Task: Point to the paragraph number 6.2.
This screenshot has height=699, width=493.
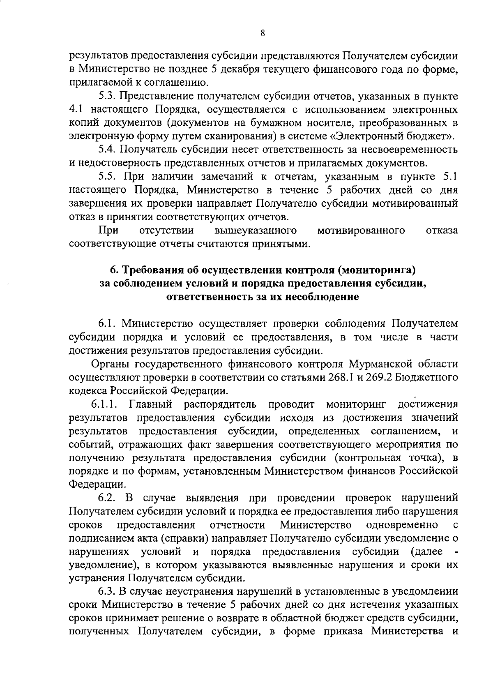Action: pyautogui.click(x=108, y=498)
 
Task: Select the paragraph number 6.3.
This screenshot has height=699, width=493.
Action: pyautogui.click(x=108, y=591)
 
